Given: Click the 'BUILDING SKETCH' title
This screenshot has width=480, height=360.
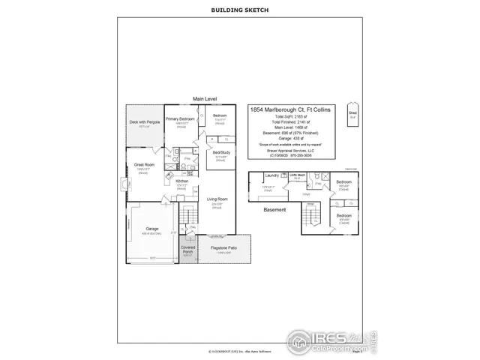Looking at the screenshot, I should point(239,11).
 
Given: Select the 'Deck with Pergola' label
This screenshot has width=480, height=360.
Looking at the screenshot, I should point(145,121).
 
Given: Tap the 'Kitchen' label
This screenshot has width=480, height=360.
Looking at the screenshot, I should point(181,181).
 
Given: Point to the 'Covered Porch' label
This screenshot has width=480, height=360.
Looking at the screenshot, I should point(187,248).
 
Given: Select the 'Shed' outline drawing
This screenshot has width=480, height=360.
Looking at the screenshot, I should point(352,114).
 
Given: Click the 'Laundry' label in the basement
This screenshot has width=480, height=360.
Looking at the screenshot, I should point(271,175).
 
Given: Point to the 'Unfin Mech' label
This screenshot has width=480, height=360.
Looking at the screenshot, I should point(296,175).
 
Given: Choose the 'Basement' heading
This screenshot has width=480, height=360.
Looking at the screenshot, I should point(274,210).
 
